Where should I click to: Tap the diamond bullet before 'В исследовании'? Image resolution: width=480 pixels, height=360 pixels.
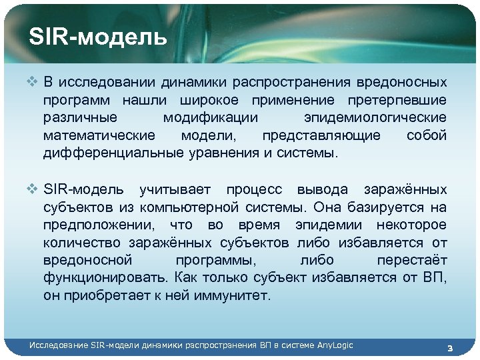click(x=35, y=83)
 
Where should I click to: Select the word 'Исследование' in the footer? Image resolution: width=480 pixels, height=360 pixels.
click(x=59, y=345)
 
